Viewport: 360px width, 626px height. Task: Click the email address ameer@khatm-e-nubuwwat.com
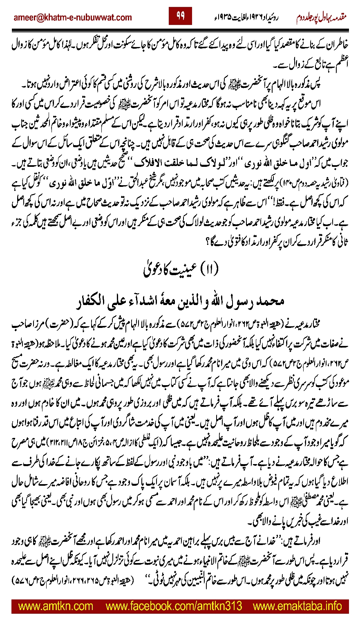[x=73, y=18]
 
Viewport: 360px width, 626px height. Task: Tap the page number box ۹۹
[x=180, y=16]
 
